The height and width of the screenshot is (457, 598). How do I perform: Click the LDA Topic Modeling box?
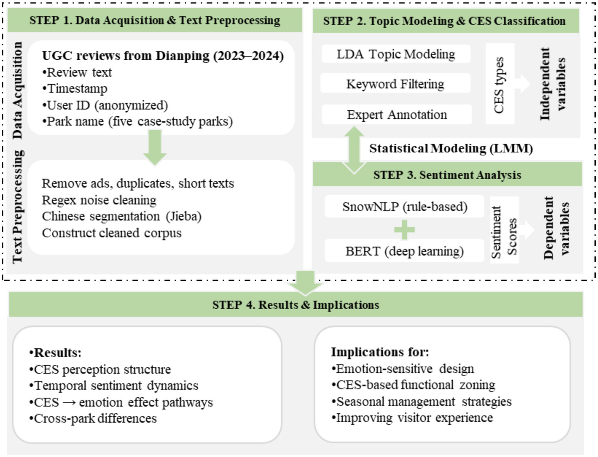[x=395, y=54]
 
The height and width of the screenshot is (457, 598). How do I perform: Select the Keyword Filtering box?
[x=395, y=84]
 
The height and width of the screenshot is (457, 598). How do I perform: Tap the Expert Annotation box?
[x=397, y=115]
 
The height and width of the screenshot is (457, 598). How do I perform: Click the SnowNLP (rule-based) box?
[x=404, y=206]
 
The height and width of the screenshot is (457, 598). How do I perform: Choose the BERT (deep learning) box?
[x=404, y=251]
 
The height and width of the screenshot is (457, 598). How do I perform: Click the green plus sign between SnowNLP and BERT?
[x=404, y=229]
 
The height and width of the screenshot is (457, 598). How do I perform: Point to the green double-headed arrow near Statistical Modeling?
[x=354, y=150]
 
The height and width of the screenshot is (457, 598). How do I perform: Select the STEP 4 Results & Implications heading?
[x=295, y=305]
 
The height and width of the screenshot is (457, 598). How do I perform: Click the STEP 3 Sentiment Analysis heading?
[x=447, y=175]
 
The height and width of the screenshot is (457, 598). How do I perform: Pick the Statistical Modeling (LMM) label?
[x=451, y=149]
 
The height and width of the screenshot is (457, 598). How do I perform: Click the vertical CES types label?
[x=499, y=85]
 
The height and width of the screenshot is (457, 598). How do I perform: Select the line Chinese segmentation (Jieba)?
[x=122, y=216]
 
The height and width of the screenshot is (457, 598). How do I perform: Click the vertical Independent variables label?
[x=552, y=84]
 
